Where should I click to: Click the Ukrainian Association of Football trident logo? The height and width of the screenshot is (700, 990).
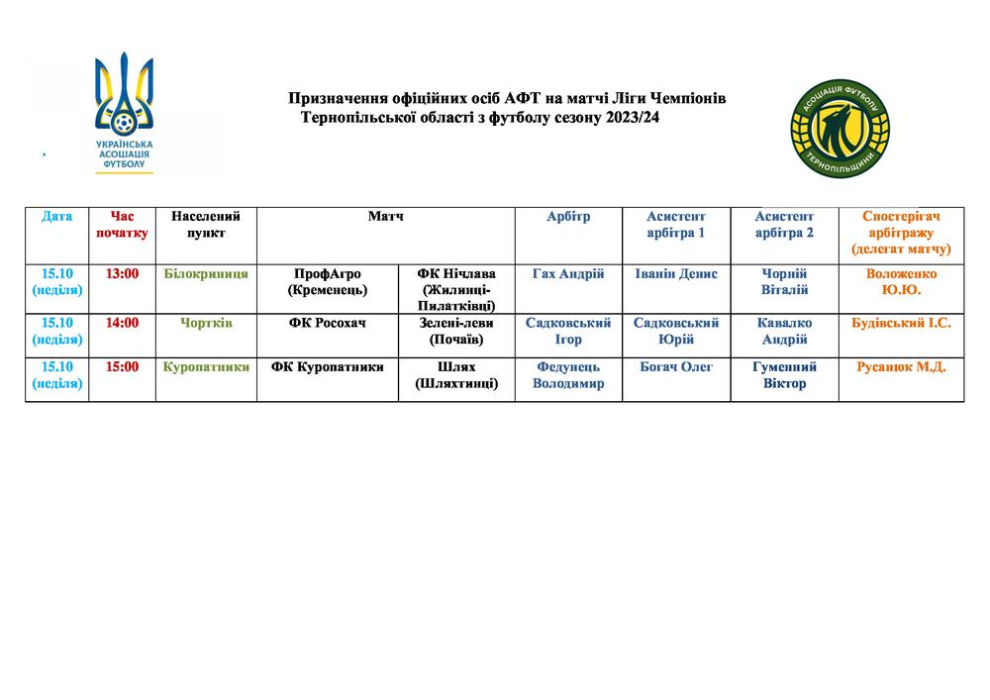tap(124, 112)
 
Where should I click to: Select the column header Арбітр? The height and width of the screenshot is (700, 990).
tap(568, 217)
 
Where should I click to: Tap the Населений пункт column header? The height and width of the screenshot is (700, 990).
tap(206, 225)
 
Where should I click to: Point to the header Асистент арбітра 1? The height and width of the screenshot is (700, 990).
tap(676, 225)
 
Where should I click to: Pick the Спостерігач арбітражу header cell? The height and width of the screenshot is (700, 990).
tap(901, 233)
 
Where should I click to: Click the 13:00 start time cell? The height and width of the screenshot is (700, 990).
tap(123, 274)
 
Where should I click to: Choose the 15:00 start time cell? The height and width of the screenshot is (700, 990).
tap(123, 367)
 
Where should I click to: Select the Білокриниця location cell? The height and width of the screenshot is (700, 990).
tap(206, 274)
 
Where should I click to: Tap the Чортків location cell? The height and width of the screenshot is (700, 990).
tap(206, 323)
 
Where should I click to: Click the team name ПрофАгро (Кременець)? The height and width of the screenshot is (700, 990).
tap(327, 282)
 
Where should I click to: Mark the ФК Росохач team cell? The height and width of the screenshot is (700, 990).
tap(327, 323)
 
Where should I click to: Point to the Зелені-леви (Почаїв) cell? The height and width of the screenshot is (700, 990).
tap(456, 331)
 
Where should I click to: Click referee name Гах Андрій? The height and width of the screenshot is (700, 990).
tap(568, 274)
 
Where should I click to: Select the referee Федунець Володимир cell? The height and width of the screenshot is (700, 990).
tap(568, 375)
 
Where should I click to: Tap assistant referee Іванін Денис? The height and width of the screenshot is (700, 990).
tap(676, 274)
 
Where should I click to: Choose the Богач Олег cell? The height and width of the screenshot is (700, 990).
tap(676, 367)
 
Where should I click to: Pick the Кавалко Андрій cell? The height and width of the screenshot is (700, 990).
tap(784, 331)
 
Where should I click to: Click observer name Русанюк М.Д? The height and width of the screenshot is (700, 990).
tap(901, 367)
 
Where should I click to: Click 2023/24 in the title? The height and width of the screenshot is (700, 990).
tap(626, 117)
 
